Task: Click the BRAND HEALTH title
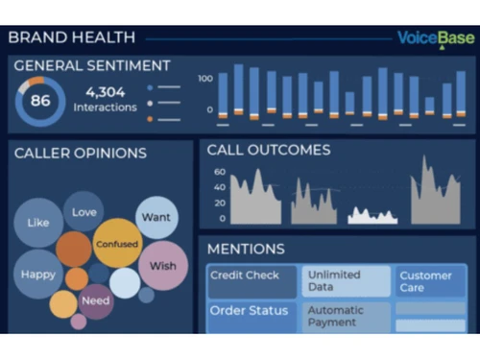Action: click(71, 38)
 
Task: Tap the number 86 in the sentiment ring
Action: click(40, 100)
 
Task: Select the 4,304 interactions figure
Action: click(105, 93)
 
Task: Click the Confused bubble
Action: click(117, 246)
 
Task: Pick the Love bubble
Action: click(84, 211)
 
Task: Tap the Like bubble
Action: click(38, 223)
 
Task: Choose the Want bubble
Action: click(156, 217)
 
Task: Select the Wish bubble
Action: click(162, 265)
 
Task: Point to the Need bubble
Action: click(95, 300)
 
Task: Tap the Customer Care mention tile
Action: click(426, 280)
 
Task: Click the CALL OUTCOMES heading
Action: click(269, 150)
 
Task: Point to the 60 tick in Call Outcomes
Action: click(219, 172)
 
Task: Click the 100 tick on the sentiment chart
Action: click(204, 78)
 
